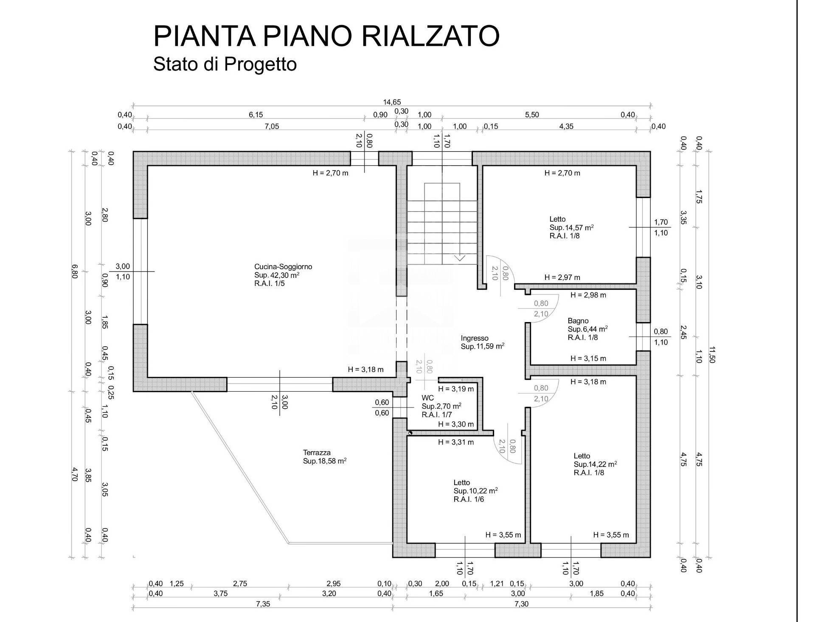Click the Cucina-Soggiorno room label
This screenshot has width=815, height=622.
[x=283, y=267]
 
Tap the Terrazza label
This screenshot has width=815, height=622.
[x=317, y=452]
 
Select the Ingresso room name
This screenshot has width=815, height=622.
[x=475, y=338]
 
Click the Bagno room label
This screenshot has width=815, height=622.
[x=578, y=321]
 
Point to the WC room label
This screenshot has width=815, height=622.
[x=427, y=398]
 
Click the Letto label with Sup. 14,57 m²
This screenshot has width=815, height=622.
[x=557, y=219]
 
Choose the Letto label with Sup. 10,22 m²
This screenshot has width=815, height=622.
[x=461, y=483]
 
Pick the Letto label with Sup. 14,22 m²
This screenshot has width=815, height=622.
[x=582, y=456]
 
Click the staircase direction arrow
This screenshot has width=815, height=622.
[x=460, y=257]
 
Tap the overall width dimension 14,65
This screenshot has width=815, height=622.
[x=392, y=102]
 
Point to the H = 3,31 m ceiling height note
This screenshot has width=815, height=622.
[x=456, y=442]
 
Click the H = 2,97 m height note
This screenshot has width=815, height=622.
[x=562, y=277]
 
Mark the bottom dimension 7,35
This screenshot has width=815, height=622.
[x=263, y=604]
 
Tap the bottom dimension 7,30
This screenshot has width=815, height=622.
[x=521, y=604]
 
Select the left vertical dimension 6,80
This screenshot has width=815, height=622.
[x=75, y=271]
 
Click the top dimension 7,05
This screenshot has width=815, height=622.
[x=272, y=126]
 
